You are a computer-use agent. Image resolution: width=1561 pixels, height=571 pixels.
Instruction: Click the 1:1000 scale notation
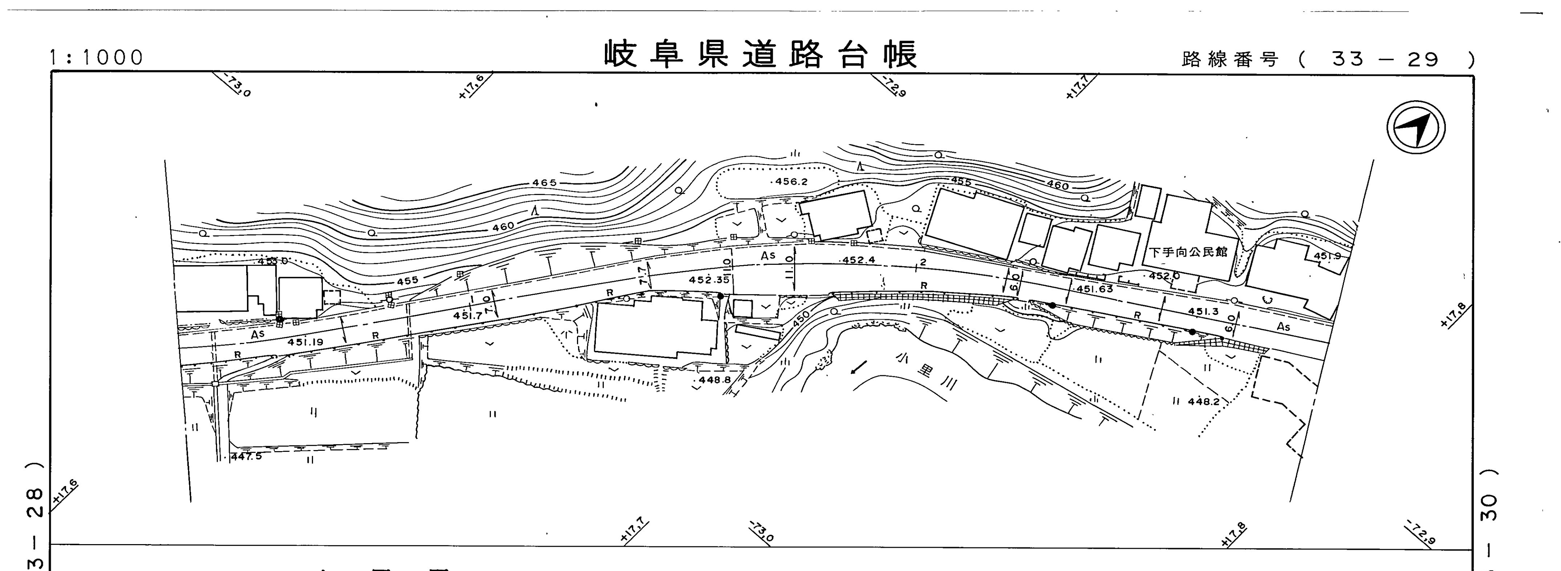coord(97,58)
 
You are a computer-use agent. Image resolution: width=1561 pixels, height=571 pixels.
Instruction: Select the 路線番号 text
coord(1230,60)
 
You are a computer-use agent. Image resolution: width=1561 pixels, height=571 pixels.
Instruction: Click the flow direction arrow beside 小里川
coord(859,367)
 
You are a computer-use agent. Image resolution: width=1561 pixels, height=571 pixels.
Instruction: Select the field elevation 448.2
coord(1203,401)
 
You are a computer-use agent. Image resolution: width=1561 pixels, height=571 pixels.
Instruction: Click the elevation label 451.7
coord(468,315)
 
